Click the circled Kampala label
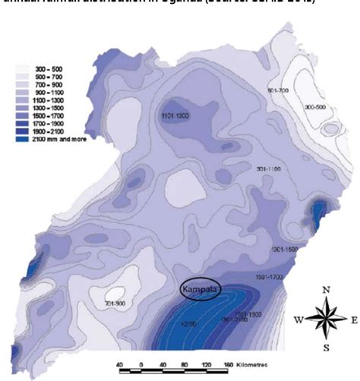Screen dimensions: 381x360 pos(204,290)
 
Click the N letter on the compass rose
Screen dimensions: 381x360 pos(324,289)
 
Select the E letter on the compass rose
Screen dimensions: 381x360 pos(353,319)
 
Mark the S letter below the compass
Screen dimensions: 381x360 pos(325,348)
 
